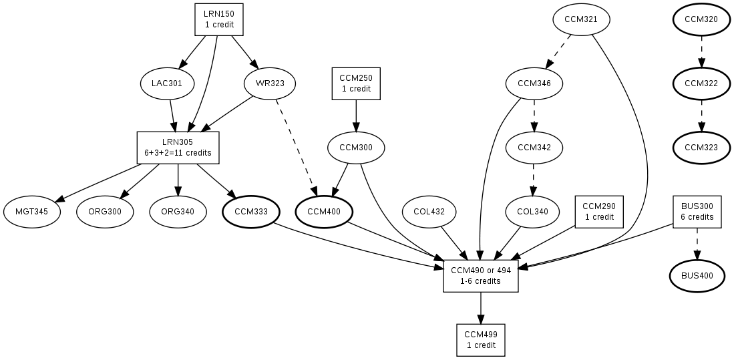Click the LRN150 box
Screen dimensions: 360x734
[x=218, y=19]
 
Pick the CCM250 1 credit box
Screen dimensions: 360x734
[x=356, y=83]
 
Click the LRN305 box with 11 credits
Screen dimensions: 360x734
[x=178, y=148]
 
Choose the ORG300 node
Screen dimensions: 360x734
[x=105, y=212]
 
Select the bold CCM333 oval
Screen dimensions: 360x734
[x=251, y=212]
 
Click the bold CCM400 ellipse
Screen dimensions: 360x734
[x=324, y=212]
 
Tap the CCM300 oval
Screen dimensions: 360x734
[x=356, y=148]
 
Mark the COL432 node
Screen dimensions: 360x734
[x=429, y=212]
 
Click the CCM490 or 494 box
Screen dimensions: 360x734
[x=481, y=276]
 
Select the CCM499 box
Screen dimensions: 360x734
[x=481, y=340]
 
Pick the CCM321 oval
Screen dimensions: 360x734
[x=580, y=19]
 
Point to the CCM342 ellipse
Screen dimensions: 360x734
[x=534, y=148]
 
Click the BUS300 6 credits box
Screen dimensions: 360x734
[x=697, y=212]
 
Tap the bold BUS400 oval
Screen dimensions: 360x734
[x=697, y=276]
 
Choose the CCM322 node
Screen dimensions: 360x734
[x=701, y=83]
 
